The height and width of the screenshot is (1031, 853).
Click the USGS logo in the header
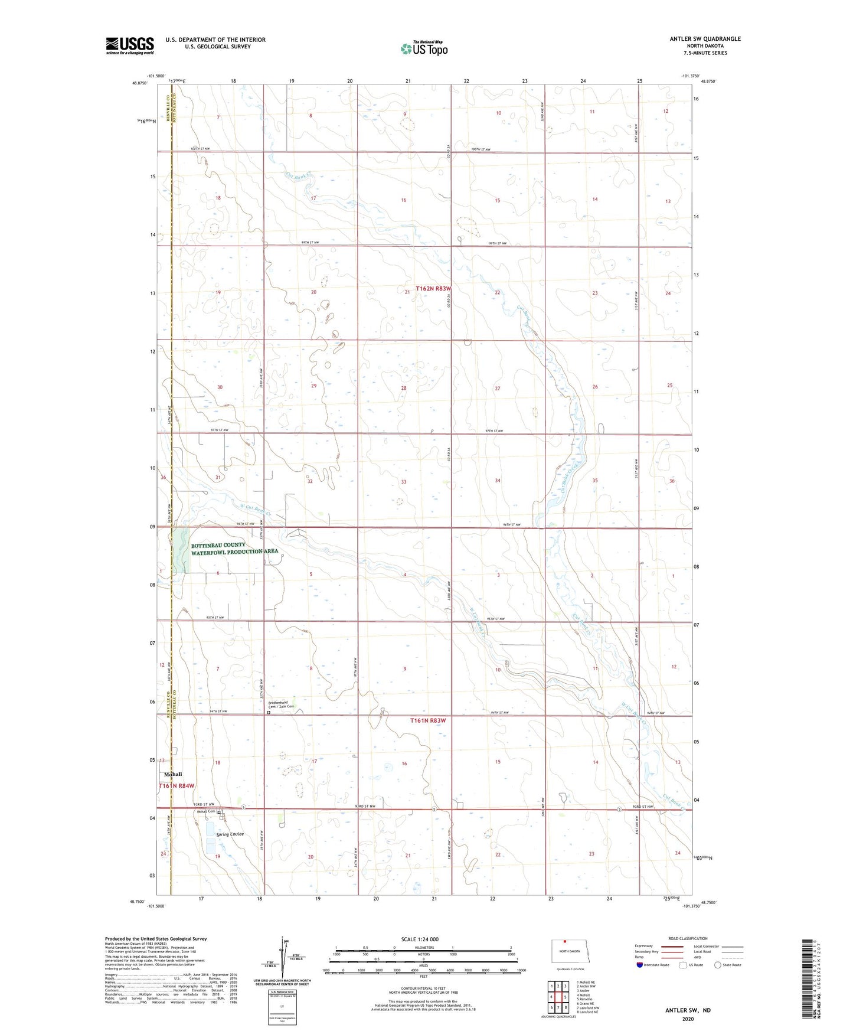coord(130,45)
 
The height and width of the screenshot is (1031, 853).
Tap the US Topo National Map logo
coord(424,48)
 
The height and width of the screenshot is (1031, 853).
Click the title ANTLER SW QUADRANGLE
coord(705,39)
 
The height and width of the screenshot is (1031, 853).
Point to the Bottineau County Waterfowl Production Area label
coord(234,548)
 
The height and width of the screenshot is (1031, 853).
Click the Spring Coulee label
coord(230,834)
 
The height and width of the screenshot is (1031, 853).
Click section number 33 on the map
coord(404,482)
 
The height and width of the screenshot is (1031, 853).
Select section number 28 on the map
coord(404,388)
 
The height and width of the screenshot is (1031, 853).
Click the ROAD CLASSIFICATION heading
coord(688,938)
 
